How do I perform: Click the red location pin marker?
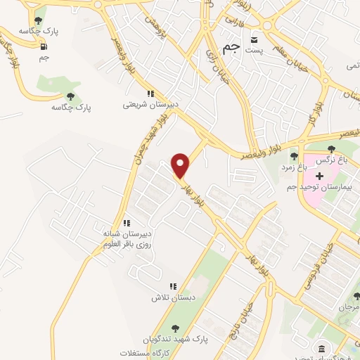click(181, 165)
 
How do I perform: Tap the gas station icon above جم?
click(45, 47)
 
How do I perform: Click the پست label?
click(257, 50)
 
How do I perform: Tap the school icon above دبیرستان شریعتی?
click(150, 94)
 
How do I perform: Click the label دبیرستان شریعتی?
click(147, 105)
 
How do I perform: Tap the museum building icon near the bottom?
click(321, 349)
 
